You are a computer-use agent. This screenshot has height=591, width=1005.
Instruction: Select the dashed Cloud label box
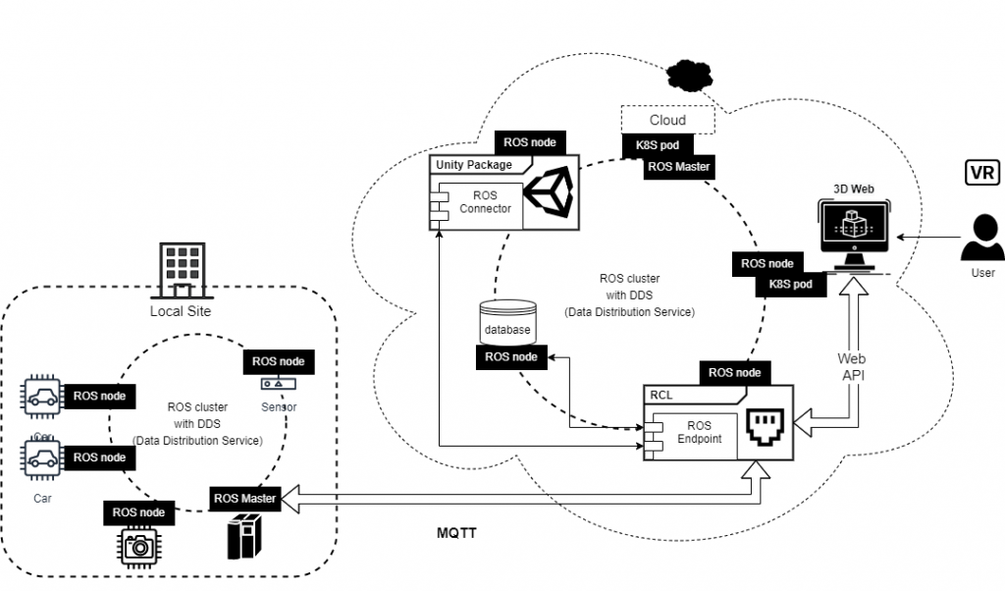click(x=668, y=120)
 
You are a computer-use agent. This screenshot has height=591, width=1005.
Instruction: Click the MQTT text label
click(x=456, y=534)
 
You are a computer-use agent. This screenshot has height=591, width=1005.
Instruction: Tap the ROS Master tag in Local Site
click(x=244, y=498)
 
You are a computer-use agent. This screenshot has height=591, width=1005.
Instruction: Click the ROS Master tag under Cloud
click(x=678, y=167)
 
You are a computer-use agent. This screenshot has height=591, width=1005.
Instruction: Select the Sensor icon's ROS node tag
click(x=278, y=361)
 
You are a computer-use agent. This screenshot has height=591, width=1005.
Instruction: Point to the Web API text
click(x=852, y=367)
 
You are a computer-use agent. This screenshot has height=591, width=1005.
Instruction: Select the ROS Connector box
click(x=477, y=202)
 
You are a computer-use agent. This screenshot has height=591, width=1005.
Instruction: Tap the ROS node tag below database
click(x=511, y=357)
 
